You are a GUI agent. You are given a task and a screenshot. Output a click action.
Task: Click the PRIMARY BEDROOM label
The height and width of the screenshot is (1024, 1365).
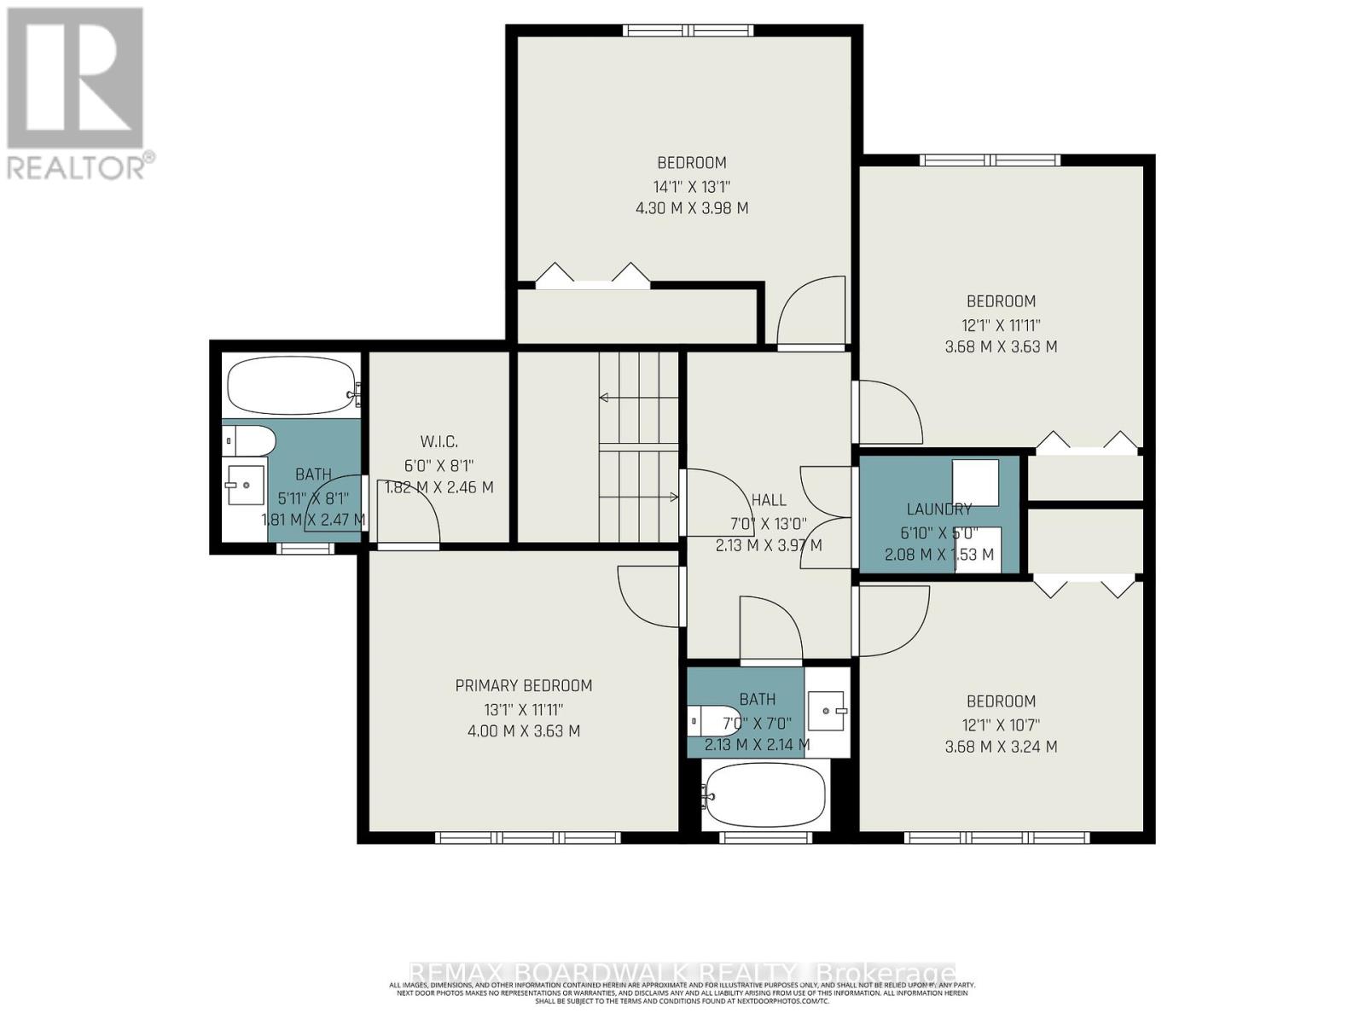point(523,686)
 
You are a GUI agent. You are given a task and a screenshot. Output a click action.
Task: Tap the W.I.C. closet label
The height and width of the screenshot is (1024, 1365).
point(439,442)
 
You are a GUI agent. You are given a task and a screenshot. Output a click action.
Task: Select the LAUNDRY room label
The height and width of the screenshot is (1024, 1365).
point(938,509)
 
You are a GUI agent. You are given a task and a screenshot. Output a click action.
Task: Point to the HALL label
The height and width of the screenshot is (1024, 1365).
point(769,501)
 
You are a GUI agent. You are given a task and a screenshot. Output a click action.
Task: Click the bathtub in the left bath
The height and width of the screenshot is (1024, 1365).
point(290,386)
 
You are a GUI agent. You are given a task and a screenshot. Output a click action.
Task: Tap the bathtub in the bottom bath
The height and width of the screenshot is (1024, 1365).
point(764,794)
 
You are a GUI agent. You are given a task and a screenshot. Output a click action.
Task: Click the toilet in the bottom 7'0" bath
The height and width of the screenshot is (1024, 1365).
point(715,721)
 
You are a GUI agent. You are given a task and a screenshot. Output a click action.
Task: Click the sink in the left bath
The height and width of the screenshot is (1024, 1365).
point(244,486)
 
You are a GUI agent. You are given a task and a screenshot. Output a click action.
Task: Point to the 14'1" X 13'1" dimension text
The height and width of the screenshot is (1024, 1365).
point(692,186)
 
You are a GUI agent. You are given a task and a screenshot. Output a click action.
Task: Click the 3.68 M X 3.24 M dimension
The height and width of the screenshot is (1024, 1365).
point(1001,747)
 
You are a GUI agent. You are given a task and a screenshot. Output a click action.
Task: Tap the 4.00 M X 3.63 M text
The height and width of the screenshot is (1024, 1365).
point(523,731)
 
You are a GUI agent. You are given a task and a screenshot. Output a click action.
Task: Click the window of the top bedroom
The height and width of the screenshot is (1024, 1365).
point(688,31)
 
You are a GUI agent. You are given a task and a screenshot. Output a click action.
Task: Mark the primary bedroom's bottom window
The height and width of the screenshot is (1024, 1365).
point(527,838)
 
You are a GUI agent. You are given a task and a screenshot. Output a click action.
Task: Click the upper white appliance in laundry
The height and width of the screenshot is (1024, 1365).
point(975,483)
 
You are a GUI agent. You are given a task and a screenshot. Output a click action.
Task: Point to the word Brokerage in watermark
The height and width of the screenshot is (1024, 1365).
point(886,974)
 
